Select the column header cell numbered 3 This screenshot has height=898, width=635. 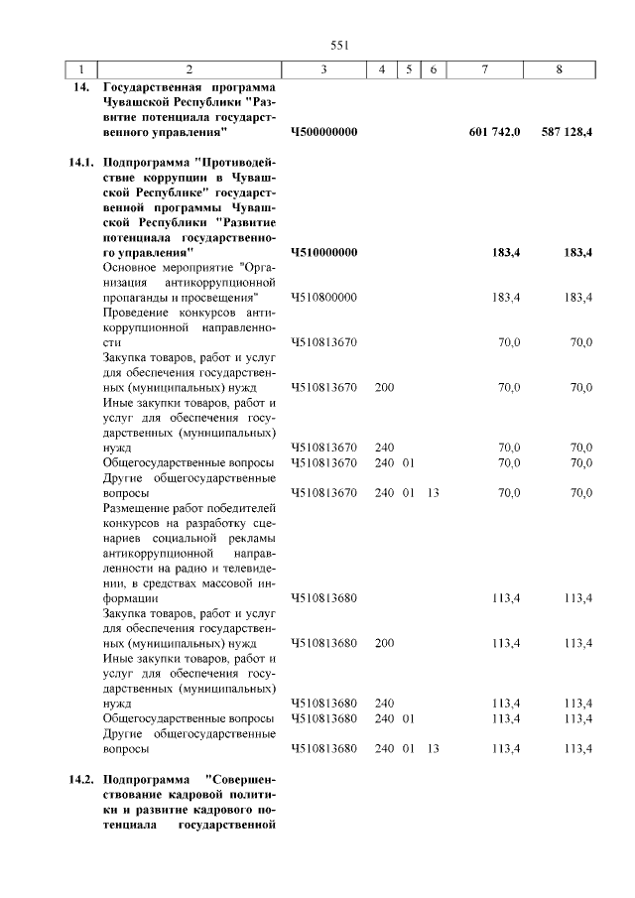pos(324,69)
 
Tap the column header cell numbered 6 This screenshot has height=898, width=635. pos(433,69)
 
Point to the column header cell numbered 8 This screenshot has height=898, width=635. pos(561,69)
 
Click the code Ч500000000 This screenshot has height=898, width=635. pos(324,131)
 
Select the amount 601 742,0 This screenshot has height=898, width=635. pos(494,131)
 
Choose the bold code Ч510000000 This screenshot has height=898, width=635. pos(324,252)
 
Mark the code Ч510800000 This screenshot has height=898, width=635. pos(324,297)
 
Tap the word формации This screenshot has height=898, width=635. pos(130,598)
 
